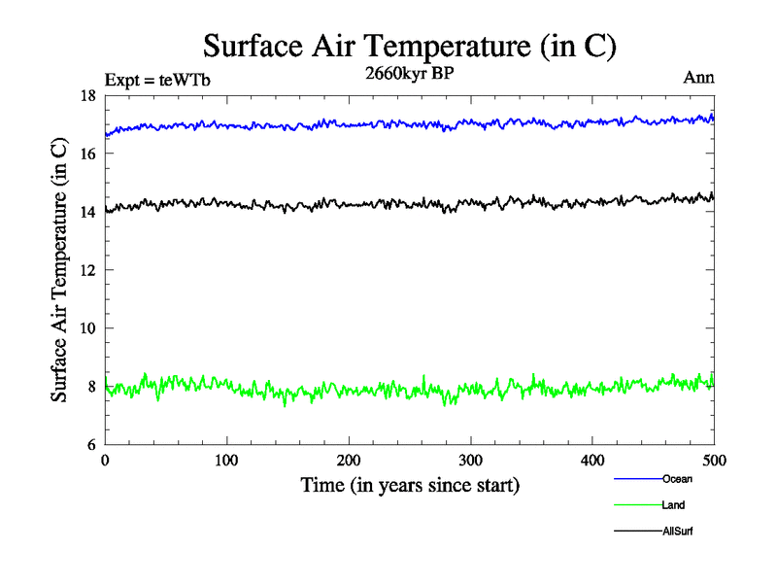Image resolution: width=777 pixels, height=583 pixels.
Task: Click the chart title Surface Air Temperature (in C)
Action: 409,46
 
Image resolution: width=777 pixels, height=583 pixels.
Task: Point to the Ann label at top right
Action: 699,78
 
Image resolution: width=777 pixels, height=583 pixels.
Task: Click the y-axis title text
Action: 60,270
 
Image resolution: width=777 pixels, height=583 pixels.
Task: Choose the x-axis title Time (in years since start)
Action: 410,485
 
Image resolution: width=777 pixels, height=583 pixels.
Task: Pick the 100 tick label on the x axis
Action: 226,460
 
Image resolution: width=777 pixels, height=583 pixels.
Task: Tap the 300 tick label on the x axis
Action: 470,460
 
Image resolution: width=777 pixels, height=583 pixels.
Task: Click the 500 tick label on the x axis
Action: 714,460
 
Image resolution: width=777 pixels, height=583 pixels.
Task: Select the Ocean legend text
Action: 677,479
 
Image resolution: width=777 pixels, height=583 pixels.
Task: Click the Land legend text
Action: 674,505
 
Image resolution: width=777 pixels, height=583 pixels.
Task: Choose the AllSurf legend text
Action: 678,532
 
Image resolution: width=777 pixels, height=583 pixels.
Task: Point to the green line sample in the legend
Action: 637,505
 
